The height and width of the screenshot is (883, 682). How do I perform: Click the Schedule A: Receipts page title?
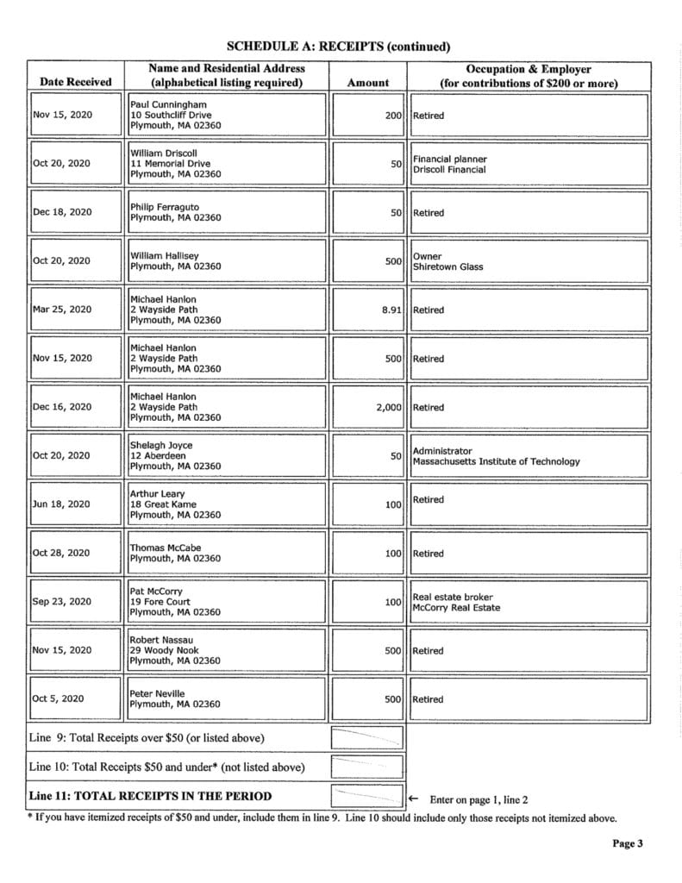(338, 46)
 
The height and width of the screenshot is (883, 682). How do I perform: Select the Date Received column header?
(76, 82)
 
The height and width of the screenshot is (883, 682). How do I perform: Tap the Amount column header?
(367, 82)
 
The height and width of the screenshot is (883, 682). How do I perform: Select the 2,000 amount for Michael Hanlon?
(389, 407)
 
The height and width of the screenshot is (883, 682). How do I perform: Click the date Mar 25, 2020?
(61, 310)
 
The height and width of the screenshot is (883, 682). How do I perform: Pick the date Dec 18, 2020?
(61, 212)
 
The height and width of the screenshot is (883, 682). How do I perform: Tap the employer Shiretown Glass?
(447, 266)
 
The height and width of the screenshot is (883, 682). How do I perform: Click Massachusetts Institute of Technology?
(497, 461)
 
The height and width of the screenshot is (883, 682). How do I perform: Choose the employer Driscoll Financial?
(449, 169)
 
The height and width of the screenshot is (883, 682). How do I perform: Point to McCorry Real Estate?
(456, 607)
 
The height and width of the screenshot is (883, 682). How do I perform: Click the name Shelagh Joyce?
(161, 445)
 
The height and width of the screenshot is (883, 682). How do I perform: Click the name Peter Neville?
(157, 693)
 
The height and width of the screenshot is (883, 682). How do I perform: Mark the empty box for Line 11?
(367, 796)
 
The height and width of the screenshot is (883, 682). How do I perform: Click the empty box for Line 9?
(367, 738)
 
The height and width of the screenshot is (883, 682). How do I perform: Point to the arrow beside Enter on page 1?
(413, 798)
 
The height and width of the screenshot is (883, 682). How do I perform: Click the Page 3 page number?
(628, 844)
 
